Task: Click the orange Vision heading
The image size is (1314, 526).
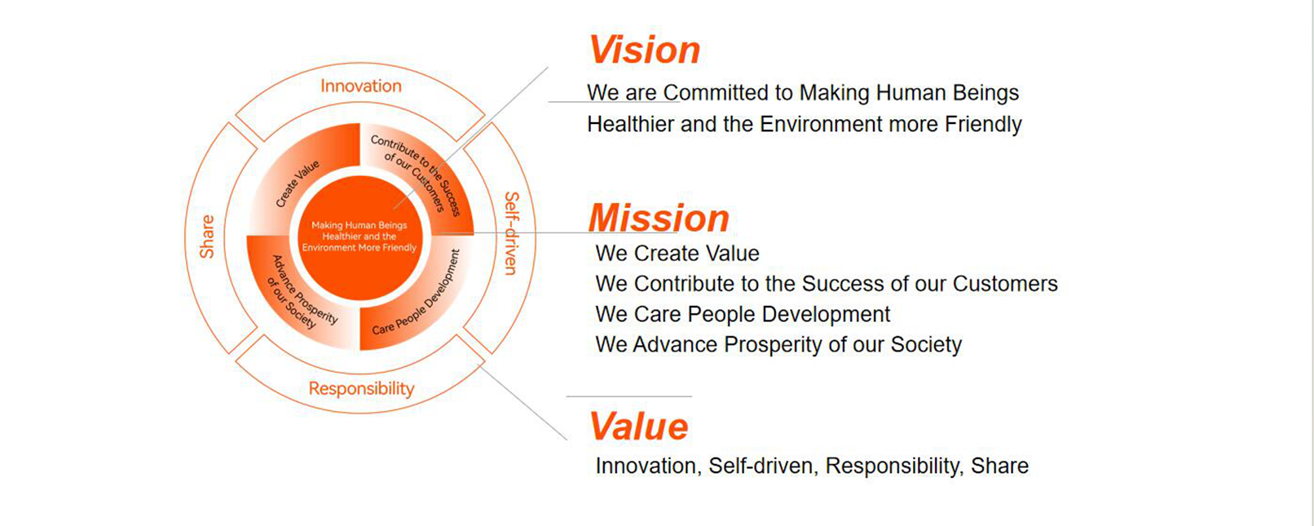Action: click(x=644, y=50)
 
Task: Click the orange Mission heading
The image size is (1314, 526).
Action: click(x=658, y=219)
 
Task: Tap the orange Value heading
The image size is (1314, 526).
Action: click(x=638, y=427)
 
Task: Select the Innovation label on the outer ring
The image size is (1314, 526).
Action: click(x=361, y=86)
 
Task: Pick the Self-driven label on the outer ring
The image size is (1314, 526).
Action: click(x=512, y=233)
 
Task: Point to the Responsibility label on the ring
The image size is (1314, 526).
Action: click(x=361, y=389)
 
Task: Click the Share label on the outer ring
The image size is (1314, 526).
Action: click(x=207, y=236)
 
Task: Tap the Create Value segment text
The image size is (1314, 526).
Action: click(x=298, y=183)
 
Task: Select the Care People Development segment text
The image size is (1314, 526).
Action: click(x=416, y=292)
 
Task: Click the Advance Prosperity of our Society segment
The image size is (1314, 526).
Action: click(x=302, y=292)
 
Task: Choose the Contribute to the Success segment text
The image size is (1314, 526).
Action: click(x=416, y=175)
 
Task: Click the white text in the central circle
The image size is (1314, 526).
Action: click(x=359, y=236)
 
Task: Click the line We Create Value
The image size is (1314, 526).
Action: click(x=677, y=254)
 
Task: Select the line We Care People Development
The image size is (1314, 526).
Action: click(x=743, y=314)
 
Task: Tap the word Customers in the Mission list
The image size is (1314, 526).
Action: click(x=1005, y=284)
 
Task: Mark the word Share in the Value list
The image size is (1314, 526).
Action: click(x=999, y=466)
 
